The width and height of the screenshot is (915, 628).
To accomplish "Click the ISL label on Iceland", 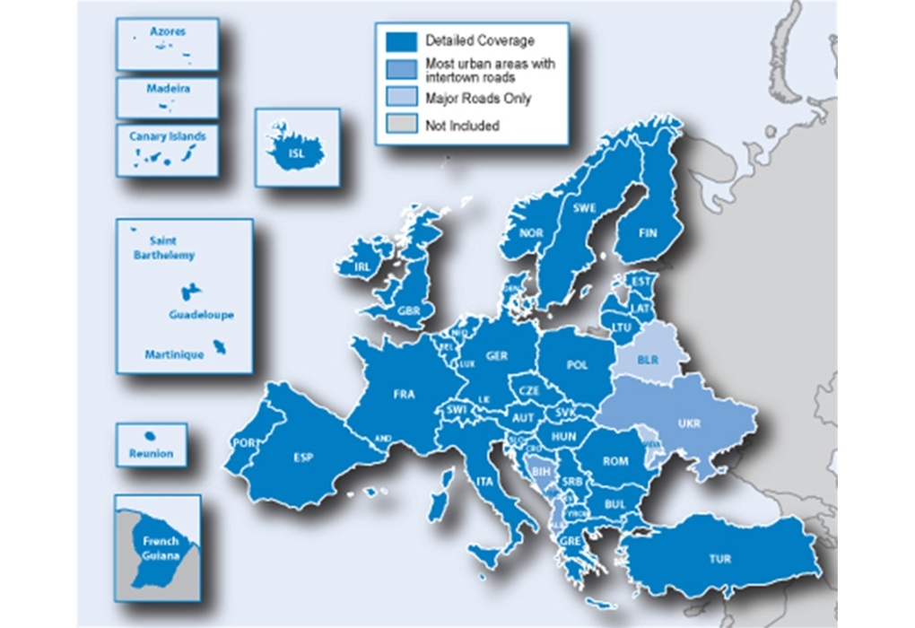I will tap(296, 153).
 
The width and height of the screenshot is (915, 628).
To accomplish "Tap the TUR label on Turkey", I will tap(719, 559).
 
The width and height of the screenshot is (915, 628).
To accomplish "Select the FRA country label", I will tap(404, 394).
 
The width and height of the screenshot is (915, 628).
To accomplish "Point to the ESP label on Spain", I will tap(303, 458).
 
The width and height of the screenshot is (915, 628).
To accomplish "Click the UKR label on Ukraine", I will tap(689, 423).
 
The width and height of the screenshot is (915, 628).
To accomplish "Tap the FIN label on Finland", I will tap(648, 233).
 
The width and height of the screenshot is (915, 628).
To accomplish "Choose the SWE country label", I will tap(584, 208).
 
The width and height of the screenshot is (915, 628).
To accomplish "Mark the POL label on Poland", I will tap(577, 365).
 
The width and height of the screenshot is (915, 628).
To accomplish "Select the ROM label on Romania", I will tap(615, 461).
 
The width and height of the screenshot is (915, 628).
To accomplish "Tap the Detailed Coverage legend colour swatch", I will tap(401, 41).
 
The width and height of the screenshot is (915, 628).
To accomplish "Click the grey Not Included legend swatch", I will tap(401, 126).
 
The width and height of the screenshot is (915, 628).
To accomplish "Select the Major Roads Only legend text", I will tap(478, 98).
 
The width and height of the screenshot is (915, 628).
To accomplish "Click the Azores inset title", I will tap(168, 31).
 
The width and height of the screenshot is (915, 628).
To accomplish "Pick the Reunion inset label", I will tap(151, 453).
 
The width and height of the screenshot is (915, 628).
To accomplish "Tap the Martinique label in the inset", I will tap(174, 355).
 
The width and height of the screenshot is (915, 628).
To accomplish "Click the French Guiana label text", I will tap(161, 548).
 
